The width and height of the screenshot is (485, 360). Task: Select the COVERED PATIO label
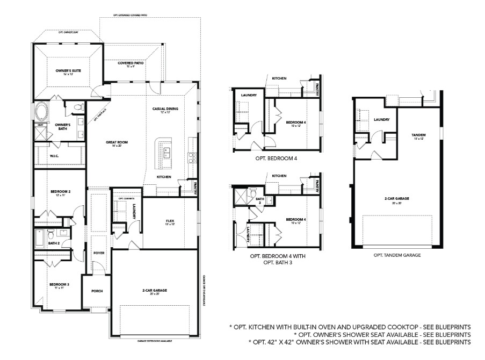[131, 63]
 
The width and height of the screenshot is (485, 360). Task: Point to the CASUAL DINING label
[165, 109]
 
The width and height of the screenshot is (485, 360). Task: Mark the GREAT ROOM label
[114, 142]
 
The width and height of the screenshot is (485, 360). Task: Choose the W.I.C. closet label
[54, 156]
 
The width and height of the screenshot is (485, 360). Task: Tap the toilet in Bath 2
[50, 234]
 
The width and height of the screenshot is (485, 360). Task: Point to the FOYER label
[99, 252]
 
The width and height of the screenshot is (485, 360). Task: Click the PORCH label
[97, 291]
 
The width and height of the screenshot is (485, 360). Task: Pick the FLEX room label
[171, 221]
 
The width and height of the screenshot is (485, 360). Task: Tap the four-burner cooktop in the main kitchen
[191, 157]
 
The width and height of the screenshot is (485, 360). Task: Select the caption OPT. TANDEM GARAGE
[397, 255]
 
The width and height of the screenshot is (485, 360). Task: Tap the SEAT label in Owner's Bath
[40, 124]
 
